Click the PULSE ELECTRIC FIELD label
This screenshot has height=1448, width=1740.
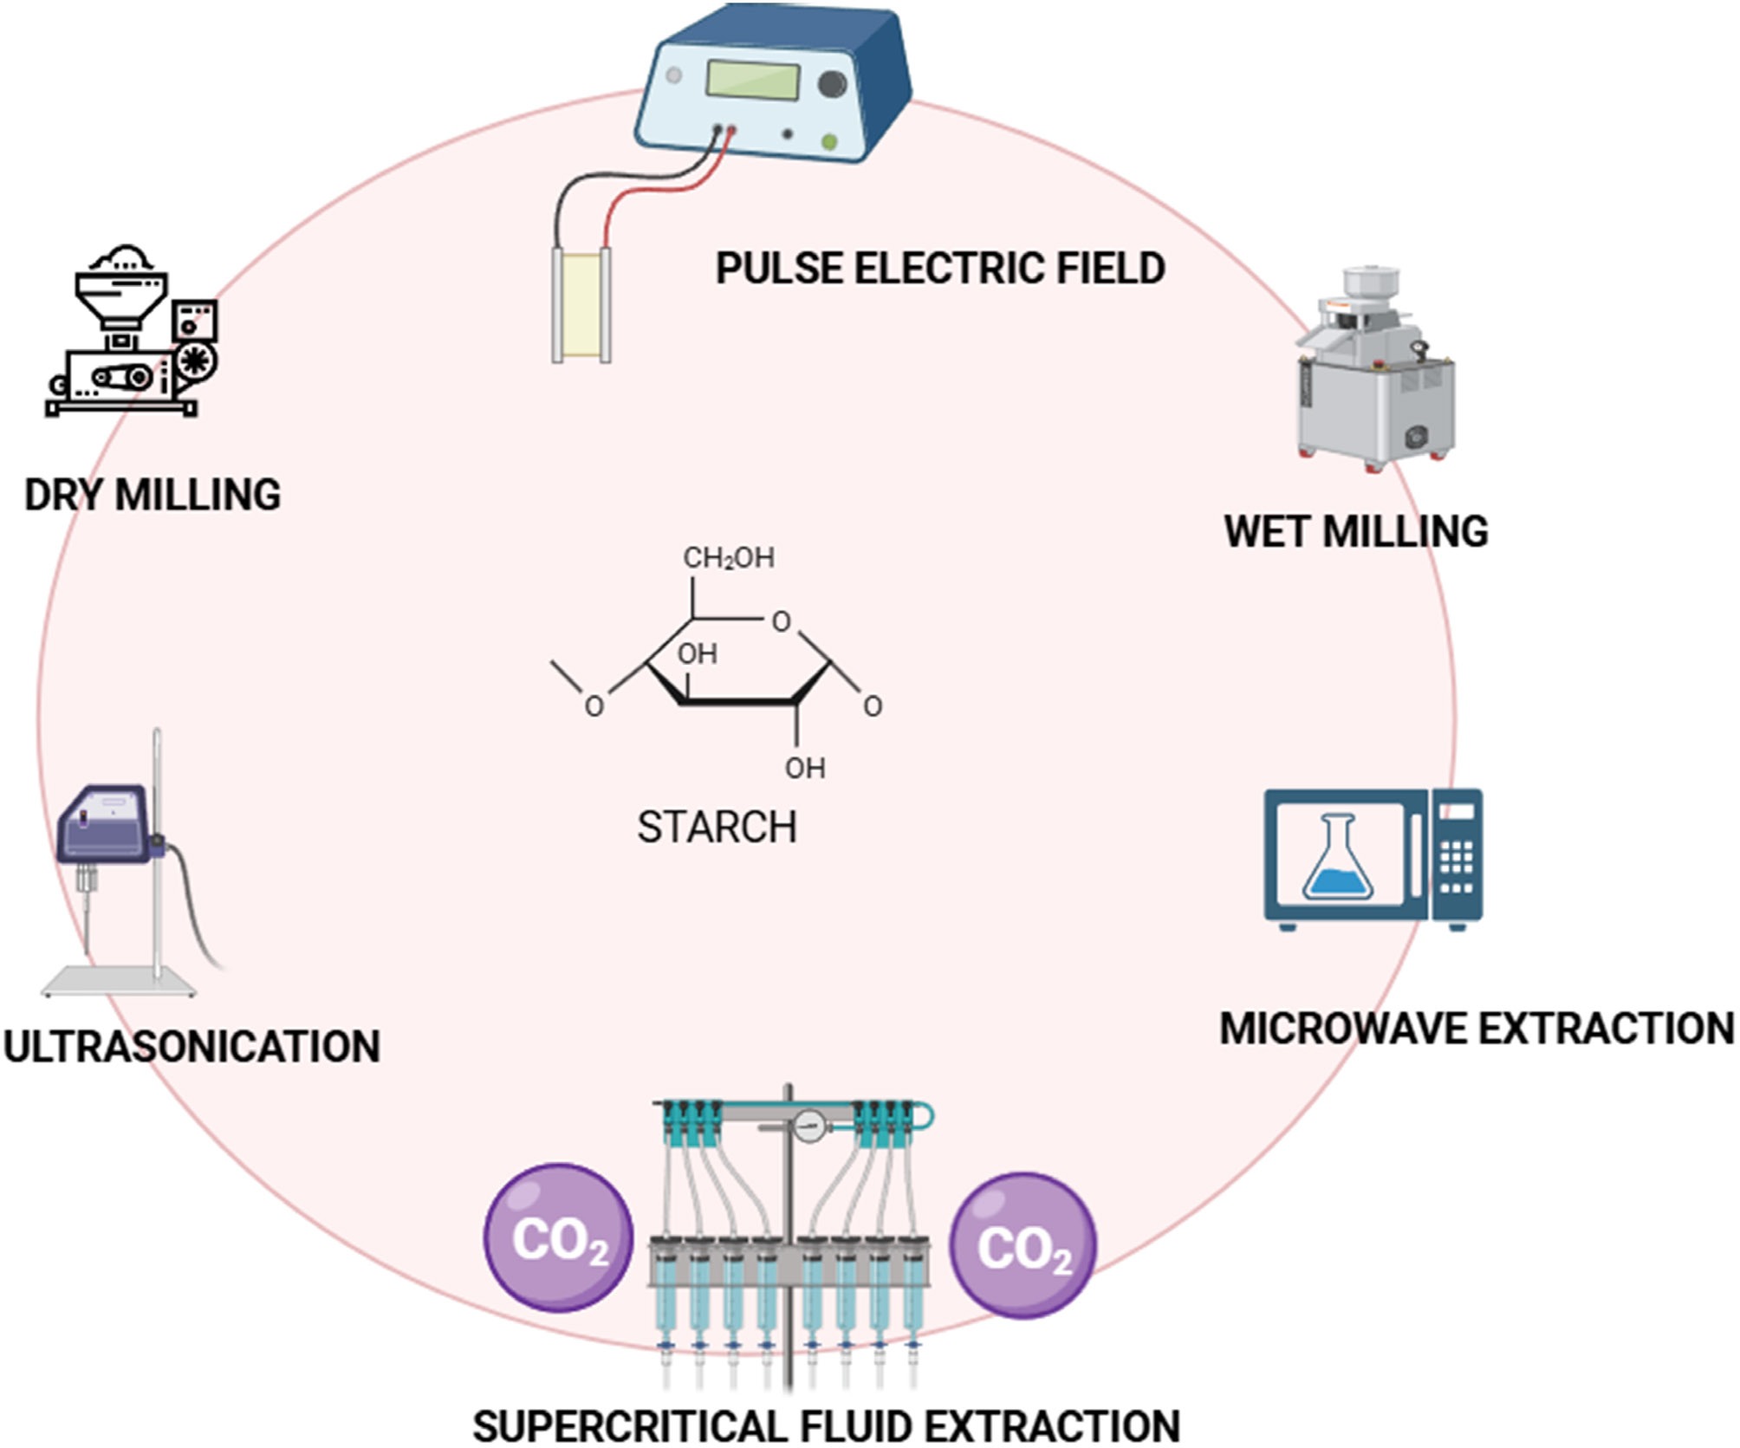940,268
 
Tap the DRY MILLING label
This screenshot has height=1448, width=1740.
153,495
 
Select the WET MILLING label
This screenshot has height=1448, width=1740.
1356,531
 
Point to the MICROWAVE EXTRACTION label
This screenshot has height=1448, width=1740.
1477,1029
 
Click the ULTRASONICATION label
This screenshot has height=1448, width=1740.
192,1046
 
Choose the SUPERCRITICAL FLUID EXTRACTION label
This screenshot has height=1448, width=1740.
827,1426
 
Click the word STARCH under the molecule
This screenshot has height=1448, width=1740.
717,827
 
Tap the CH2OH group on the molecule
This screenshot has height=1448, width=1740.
729,558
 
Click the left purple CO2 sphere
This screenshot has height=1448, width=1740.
558,1237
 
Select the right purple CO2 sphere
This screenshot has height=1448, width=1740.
1023,1245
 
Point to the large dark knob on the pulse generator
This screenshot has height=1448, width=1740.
833,84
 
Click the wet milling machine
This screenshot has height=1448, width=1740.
1375,370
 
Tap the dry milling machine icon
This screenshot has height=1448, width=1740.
132,330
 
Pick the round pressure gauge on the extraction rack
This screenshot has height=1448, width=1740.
808,1127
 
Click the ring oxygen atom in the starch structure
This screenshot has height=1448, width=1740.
781,621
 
